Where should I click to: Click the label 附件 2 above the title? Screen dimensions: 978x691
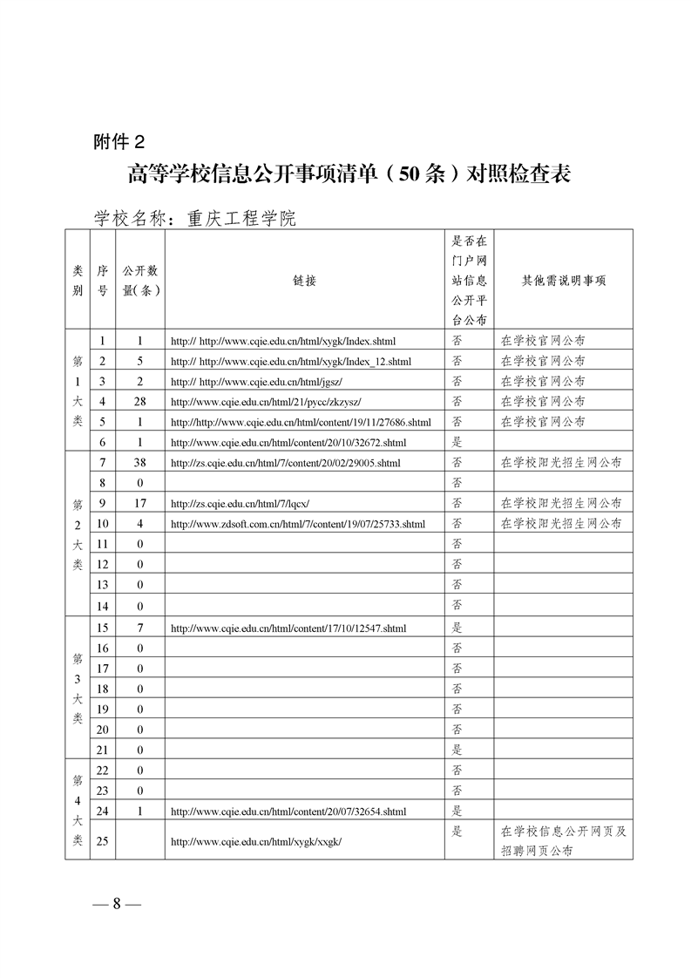(x=123, y=142)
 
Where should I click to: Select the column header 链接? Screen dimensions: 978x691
(x=305, y=281)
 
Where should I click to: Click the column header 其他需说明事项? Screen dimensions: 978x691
(x=563, y=281)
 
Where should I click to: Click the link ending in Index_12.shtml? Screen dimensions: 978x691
(x=291, y=361)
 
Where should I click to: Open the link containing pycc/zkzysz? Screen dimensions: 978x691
(x=266, y=402)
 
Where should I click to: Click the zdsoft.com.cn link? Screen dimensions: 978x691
(x=298, y=524)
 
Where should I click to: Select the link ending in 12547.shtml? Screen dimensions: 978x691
(x=288, y=628)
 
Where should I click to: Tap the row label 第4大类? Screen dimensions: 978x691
(x=78, y=810)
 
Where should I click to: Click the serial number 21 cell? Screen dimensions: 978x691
(x=103, y=749)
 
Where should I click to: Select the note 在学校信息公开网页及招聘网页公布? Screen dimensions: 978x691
(x=563, y=841)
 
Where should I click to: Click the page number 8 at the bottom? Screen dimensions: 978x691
(x=116, y=903)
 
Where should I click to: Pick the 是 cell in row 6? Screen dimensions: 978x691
(x=457, y=442)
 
